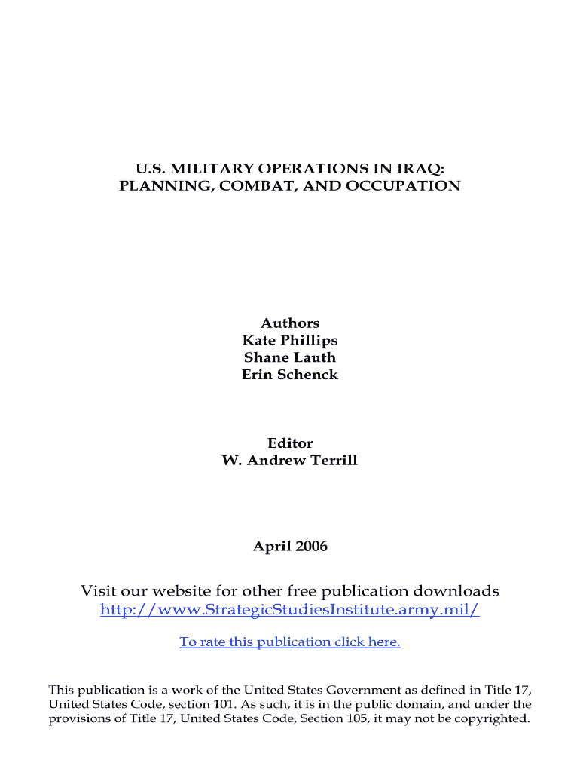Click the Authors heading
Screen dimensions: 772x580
[290, 323]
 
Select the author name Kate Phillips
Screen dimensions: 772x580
[290, 340]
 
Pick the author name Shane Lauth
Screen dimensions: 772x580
[290, 357]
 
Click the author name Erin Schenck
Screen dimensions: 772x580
[290, 375]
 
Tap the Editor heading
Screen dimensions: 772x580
[290, 443]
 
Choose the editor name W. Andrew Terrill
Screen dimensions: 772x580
[290, 460]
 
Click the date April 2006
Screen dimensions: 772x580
[290, 546]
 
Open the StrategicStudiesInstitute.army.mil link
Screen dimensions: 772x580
[290, 609]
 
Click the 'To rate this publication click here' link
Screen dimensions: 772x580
[290, 642]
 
